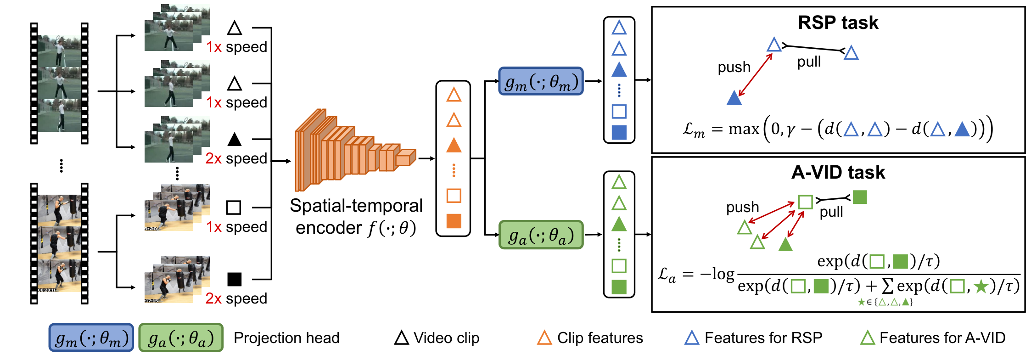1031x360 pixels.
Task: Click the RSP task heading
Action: coord(838,22)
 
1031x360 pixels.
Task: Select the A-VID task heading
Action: coord(838,172)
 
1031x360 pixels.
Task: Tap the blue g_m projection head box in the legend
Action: coord(91,337)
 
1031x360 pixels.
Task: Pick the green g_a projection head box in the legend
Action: coord(181,337)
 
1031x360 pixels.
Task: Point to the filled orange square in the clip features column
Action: coord(454,221)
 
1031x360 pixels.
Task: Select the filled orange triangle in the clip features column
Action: coord(454,145)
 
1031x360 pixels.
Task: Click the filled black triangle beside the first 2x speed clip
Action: coord(235,139)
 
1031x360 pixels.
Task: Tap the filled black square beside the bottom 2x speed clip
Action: coord(234,279)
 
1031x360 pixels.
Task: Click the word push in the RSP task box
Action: coord(734,67)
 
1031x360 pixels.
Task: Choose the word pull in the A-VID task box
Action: coord(831,212)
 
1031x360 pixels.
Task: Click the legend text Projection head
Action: coord(286,338)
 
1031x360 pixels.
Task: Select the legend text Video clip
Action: coord(446,338)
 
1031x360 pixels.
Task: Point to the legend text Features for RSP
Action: coord(763,338)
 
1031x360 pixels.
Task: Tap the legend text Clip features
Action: coord(600,338)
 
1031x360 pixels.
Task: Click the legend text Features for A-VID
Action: coord(942,338)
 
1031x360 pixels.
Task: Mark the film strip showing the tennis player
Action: coord(59,83)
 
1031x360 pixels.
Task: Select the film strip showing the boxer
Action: coord(59,243)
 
